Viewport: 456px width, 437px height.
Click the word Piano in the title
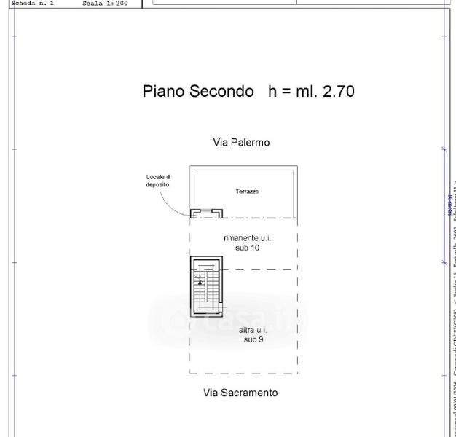[163, 92]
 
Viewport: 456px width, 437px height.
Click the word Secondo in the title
[221, 92]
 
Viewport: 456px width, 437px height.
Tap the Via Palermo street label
[241, 143]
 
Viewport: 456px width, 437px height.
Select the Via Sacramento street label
[240, 393]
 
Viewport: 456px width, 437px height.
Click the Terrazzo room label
[247, 192]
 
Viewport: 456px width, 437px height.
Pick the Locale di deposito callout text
[158, 181]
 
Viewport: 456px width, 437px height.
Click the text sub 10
[247, 248]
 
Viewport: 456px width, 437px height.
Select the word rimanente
[243, 238]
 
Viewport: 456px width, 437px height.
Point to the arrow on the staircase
[200, 281]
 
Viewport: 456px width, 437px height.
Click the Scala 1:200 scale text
[106, 3]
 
